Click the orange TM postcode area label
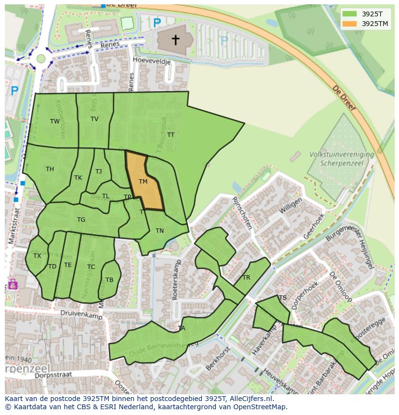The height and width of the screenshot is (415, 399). click(143, 182)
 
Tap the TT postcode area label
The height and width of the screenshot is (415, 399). click(171, 135)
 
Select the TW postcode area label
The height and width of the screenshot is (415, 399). click(55, 121)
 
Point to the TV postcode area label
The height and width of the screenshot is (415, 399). click(94, 119)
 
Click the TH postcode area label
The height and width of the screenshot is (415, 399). click(50, 169)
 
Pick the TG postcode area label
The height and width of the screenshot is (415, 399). click(81, 220)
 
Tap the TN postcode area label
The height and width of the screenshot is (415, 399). click(160, 231)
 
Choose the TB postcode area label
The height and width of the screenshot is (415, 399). click(109, 280)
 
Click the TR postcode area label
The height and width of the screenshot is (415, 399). click(246, 278)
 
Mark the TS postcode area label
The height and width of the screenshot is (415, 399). click(283, 298)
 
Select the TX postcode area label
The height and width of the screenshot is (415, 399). click(37, 256)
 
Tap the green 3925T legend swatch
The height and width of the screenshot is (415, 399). click(350, 13)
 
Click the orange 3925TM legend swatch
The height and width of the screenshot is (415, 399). click(350, 24)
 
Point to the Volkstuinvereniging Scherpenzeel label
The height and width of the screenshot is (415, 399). click(342, 159)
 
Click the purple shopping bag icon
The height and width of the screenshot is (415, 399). click(13, 284)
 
